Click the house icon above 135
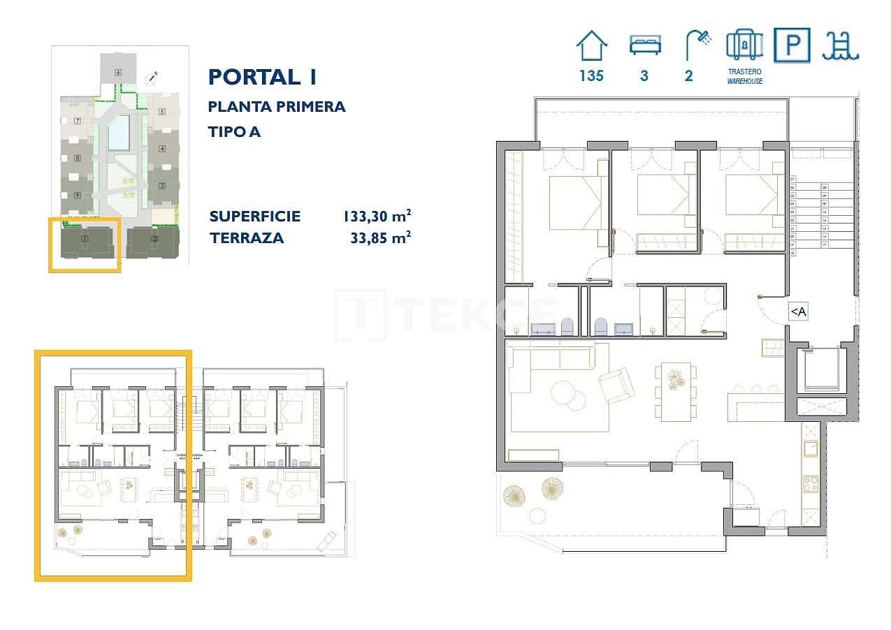tap(591, 46)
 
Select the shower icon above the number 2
tap(696, 45)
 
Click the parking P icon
tap(792, 46)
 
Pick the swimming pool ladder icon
tap(840, 46)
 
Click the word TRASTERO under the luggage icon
tap(744, 72)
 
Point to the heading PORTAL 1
tap(262, 77)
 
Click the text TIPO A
tap(234, 131)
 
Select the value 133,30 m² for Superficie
tap(376, 217)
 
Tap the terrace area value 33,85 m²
tap(379, 238)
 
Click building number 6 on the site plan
tap(118, 72)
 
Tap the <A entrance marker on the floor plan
tap(797, 312)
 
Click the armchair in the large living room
tap(616, 385)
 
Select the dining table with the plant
tap(676, 391)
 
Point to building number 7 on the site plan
tap(77, 122)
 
